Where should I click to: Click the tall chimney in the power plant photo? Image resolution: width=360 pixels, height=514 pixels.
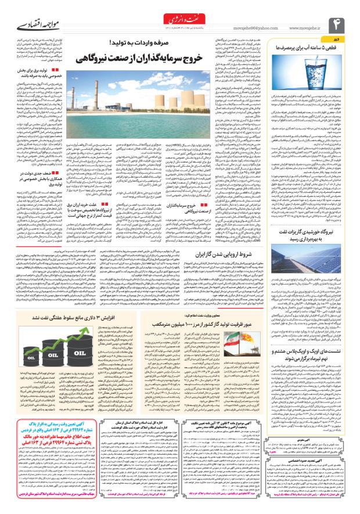[x=125, y=93]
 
